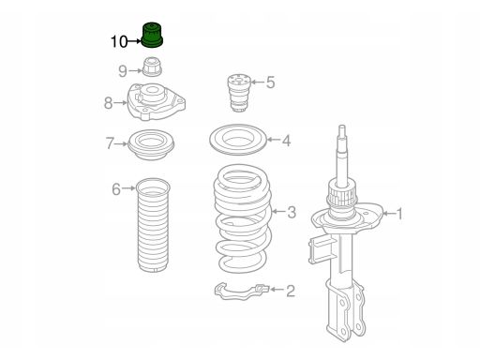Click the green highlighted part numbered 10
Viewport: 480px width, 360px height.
[152, 35]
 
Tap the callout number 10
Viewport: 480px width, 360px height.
[119, 41]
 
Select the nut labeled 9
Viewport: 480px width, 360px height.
[152, 67]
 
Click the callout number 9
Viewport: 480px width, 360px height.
[123, 71]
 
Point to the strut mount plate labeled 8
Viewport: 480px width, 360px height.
[156, 101]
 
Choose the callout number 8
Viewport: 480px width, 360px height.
[108, 103]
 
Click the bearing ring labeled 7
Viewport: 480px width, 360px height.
[152, 144]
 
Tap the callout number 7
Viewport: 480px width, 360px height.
[110, 143]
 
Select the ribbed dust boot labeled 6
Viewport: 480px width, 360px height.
[153, 226]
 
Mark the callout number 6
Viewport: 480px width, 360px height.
[116, 189]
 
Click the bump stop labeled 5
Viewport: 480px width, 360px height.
[239, 93]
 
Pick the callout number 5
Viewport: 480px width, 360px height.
[271, 82]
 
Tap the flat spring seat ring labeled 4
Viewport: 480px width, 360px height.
[238, 140]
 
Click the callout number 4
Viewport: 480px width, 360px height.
[287, 141]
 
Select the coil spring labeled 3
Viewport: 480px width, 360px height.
[243, 218]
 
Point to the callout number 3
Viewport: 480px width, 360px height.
[292, 213]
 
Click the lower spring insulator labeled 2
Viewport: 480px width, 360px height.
[242, 291]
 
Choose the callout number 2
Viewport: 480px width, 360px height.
[291, 291]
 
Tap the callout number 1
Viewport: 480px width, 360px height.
[399, 214]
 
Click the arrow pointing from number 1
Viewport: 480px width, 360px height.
[389, 214]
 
